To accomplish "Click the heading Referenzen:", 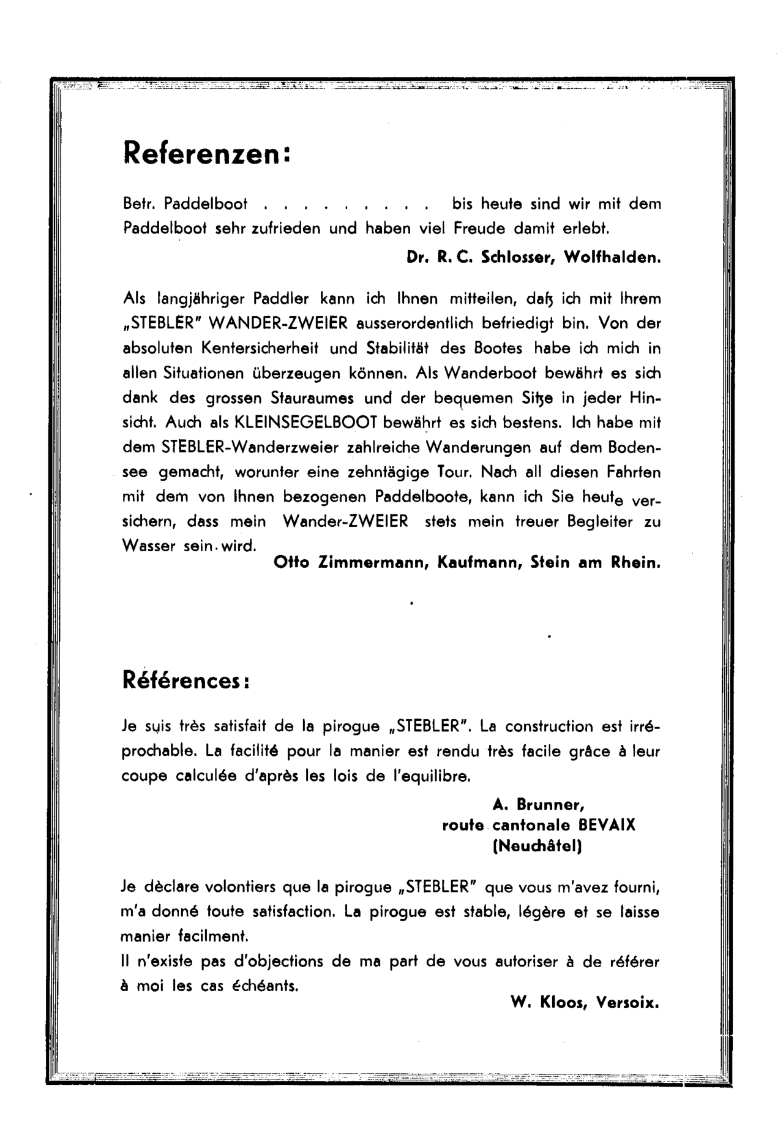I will click(x=206, y=153).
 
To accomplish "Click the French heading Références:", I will click(x=186, y=681).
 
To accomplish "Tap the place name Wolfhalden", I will click(x=612, y=257).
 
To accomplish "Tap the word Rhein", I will click(x=636, y=564).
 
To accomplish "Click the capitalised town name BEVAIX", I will click(x=607, y=825).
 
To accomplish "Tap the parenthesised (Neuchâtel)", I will click(x=538, y=847).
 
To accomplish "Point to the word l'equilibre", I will click(x=432, y=776).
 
